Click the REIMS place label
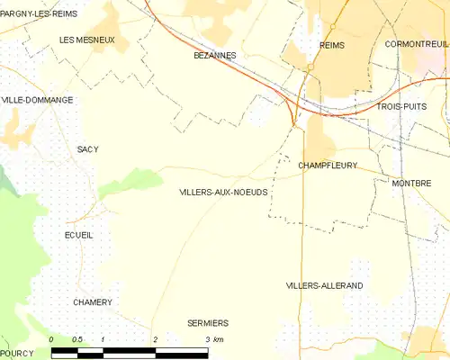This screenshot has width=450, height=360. [332, 45]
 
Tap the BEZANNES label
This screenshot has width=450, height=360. [215, 56]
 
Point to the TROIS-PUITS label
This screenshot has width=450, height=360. [401, 107]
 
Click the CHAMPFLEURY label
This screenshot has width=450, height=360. [328, 166]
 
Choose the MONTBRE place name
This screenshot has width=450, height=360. [411, 184]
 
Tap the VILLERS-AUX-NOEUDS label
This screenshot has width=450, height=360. [223, 193]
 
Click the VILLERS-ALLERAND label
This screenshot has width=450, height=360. [324, 285]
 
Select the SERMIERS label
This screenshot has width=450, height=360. [208, 323]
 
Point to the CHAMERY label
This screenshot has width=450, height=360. [93, 302]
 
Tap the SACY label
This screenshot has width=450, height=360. [87, 149]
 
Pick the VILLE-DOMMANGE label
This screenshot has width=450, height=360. [38, 100]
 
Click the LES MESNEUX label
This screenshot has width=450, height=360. [86, 40]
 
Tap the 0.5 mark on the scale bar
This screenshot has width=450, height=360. [77, 339]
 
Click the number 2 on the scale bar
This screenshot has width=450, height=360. [156, 339]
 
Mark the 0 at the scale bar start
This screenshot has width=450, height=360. [51, 339]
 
